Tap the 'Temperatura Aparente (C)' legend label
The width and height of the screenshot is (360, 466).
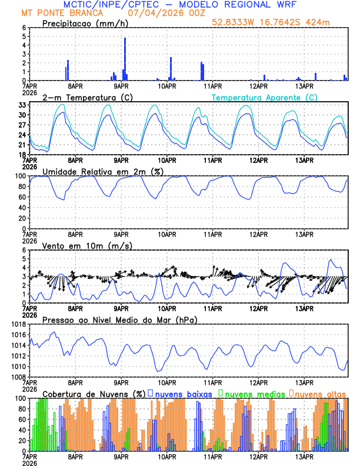tap(265, 97)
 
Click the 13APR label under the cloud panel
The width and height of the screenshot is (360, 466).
tap(304, 457)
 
